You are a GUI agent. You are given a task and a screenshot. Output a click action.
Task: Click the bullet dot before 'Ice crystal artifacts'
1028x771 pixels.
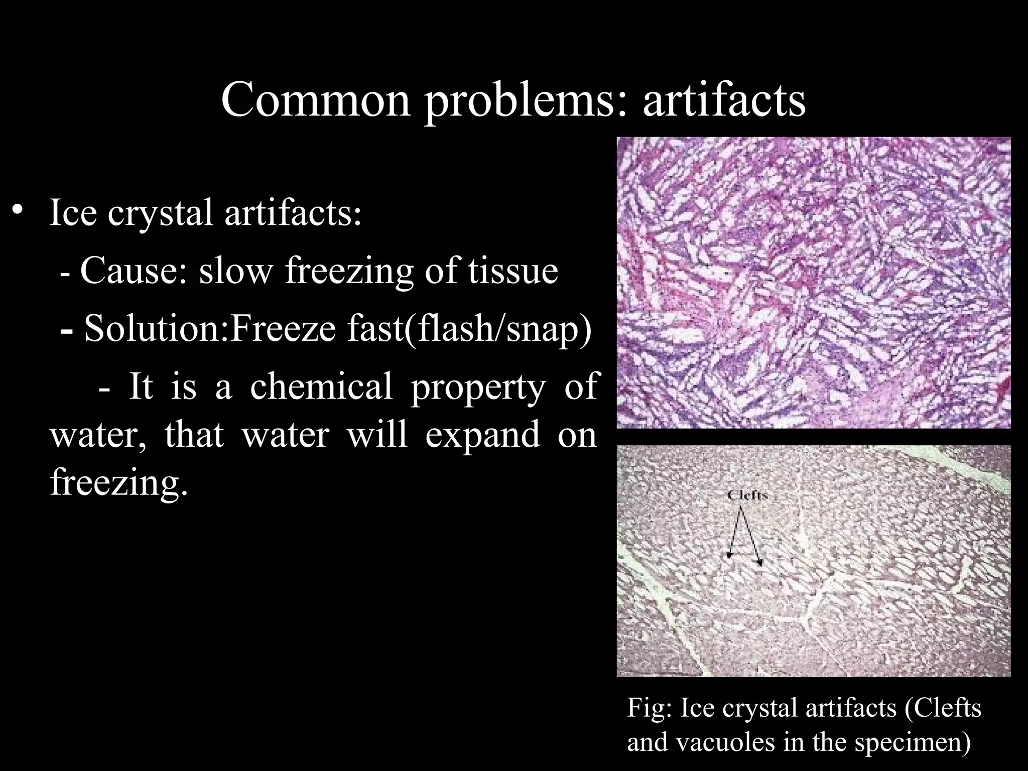[x=19, y=210]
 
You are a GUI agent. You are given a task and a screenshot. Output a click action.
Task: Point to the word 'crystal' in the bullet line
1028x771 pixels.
[x=160, y=213]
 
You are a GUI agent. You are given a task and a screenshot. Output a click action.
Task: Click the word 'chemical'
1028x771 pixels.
[x=321, y=387]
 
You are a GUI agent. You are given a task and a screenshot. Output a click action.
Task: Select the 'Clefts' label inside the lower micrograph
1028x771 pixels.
[x=747, y=495]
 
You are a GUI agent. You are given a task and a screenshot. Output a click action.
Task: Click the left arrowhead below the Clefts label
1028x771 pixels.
[x=729, y=555]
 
